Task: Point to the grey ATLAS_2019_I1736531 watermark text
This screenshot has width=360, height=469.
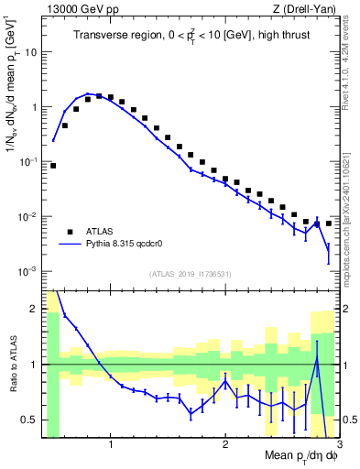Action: [191, 274]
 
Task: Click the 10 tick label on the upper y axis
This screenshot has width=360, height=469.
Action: [30, 52]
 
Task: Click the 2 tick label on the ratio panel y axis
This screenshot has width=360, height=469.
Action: [33, 309]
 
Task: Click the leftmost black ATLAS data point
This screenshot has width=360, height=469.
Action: [53, 166]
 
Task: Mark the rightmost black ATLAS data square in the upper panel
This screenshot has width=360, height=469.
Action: [329, 223]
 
